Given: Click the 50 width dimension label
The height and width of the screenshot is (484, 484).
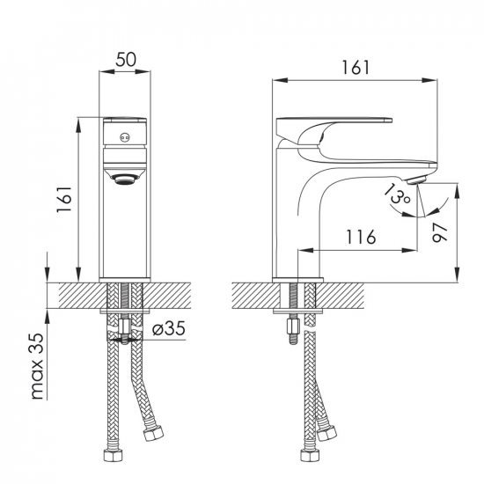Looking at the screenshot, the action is pos(126,60).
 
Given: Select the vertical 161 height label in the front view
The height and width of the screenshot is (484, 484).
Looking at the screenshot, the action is pos(64,199).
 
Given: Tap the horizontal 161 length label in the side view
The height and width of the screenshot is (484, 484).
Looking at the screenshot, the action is pos(356,67).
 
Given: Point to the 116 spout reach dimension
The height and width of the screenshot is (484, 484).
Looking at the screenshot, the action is pos(361,237).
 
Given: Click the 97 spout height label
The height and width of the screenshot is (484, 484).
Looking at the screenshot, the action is pos(439,232).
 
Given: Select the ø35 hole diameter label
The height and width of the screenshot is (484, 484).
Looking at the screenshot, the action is pos(169,328).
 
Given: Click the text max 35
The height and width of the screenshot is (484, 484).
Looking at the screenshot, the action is pos(38,366).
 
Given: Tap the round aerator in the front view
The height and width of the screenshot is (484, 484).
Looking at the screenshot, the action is pos(125,179).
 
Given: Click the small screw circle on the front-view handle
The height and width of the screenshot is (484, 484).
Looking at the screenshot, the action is pos(125,137).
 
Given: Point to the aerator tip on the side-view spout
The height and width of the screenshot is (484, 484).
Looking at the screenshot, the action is pos(417,180).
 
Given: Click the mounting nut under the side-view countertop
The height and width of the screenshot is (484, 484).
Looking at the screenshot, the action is pos(293,326).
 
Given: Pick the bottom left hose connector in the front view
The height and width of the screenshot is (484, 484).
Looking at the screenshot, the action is pos(113,456).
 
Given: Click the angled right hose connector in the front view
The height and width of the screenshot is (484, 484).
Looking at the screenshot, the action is pos(153,432).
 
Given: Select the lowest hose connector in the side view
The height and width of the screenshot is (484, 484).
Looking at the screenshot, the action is pos(310,456).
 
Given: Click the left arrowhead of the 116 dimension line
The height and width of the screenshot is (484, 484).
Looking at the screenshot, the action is pos(305,250).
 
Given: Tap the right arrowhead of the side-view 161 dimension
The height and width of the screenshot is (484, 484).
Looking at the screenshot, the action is pos(429,80).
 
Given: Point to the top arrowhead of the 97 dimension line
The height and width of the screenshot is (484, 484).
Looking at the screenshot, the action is pos(457,191).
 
